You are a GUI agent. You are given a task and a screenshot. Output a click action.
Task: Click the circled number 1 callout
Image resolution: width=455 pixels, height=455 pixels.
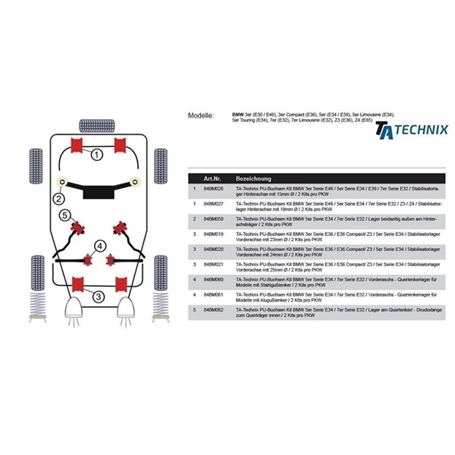(x=97, y=156)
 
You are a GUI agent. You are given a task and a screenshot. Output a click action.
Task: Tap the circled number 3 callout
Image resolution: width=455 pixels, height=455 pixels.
(x=99, y=297)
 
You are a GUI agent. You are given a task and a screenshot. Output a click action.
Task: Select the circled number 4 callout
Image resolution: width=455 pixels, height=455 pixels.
(x=99, y=245)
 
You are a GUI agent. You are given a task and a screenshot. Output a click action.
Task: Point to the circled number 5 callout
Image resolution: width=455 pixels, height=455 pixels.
(x=65, y=216)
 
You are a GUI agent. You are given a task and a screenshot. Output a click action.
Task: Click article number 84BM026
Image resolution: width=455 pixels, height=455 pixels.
(x=215, y=188)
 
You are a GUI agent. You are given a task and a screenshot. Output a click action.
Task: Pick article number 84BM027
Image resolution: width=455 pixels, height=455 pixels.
(x=215, y=203)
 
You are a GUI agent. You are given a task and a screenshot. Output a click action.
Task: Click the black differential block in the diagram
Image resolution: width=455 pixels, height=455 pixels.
(x=99, y=192)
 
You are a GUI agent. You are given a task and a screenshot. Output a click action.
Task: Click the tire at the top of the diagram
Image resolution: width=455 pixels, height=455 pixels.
(x=99, y=123)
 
